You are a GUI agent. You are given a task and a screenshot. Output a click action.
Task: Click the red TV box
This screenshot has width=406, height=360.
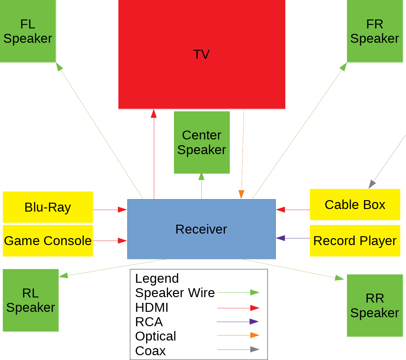[202, 54]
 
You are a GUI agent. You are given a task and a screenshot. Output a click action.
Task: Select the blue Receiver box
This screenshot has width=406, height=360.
[201, 229]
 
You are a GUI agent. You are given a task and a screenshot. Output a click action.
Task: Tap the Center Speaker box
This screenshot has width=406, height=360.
[202, 142]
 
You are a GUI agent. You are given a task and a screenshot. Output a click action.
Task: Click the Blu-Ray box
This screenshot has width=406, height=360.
[48, 207]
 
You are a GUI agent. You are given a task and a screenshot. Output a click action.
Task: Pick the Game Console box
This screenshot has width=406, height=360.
[48, 241]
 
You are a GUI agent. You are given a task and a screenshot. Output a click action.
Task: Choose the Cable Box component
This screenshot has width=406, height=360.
[355, 205]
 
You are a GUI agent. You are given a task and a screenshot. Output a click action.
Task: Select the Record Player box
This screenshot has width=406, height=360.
[355, 241]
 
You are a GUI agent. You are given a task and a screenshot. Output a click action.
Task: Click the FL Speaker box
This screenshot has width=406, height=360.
[28, 31]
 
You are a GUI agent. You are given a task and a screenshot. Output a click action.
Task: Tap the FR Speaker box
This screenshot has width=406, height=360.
[375, 31]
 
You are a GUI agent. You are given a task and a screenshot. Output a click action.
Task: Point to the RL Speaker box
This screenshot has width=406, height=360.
[31, 300]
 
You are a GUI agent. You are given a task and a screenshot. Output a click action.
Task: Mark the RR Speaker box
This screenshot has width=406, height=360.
[375, 305]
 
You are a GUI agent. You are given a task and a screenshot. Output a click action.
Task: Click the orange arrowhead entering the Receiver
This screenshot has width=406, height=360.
[241, 194]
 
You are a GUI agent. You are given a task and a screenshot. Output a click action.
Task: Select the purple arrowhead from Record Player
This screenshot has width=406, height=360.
[281, 238]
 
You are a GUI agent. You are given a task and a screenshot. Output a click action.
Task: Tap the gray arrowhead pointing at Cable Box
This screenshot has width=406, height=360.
[372, 184]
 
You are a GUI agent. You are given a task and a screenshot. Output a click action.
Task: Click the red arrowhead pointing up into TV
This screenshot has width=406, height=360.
[154, 114]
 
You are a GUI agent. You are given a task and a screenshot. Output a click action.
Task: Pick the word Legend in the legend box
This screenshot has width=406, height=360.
[157, 278]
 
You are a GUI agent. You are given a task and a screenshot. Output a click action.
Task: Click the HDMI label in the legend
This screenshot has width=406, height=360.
[152, 307]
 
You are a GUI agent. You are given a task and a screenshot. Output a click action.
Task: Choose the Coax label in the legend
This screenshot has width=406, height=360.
[150, 351]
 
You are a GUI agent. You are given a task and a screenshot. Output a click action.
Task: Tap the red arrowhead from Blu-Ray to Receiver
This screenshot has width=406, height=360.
[122, 210]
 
